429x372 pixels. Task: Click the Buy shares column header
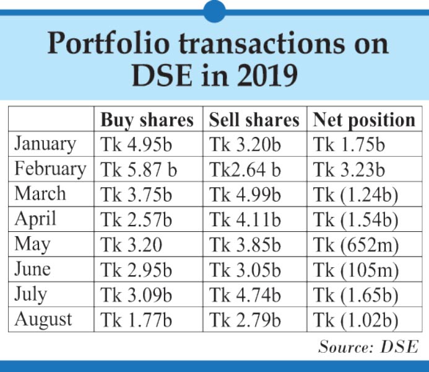coord(147,120)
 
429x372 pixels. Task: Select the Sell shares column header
coord(254,120)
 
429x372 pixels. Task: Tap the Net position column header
coord(364,120)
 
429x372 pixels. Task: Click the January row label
coord(45,144)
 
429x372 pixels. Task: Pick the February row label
coord(50,169)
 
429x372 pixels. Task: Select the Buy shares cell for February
coord(139,170)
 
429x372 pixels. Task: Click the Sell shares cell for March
coord(245,195)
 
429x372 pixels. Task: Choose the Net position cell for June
coord(356,270)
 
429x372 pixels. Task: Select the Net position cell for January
coord(350,144)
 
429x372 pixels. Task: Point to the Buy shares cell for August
coord(137,321)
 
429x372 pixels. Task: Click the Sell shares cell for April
coord(245,220)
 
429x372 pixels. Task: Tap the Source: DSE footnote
coord(368,346)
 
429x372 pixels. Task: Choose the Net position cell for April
coord(356,220)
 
